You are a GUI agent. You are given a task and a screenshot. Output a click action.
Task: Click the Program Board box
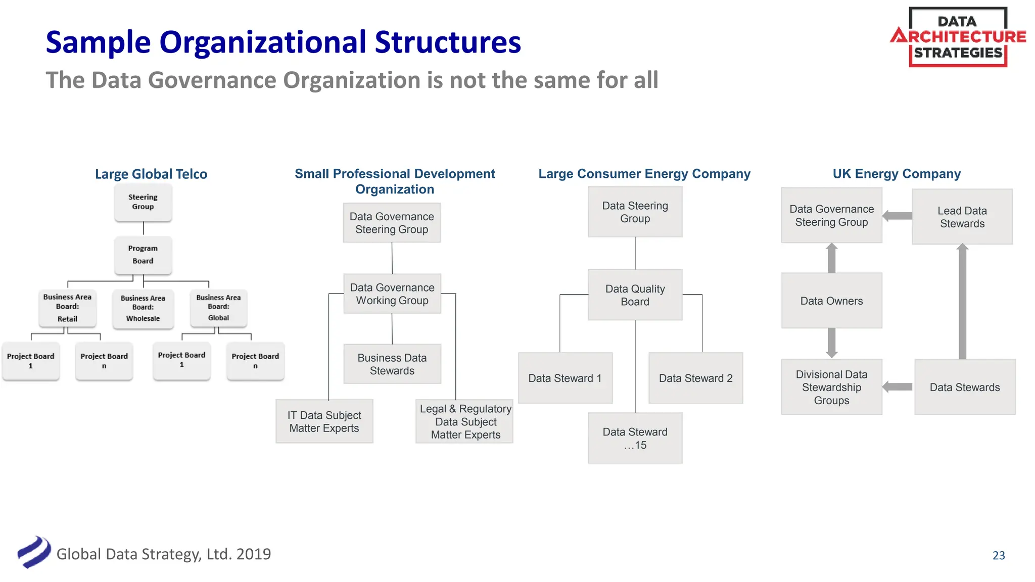point(143,255)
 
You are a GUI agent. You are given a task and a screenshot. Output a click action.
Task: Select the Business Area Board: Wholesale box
point(143,308)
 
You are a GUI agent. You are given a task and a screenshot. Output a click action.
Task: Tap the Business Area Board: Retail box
point(67,308)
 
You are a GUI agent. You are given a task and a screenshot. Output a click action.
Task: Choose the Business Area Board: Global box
point(218,308)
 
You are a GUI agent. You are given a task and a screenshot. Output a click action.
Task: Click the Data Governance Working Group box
point(392,294)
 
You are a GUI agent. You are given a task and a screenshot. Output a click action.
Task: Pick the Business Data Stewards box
point(392,364)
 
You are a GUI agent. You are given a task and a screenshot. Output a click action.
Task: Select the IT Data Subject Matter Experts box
point(324,422)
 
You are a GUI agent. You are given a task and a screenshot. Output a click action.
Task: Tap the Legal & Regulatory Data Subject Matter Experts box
point(465,422)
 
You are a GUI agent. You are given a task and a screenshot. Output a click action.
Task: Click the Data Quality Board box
point(635,295)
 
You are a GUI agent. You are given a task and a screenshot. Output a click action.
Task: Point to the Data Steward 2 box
point(696,378)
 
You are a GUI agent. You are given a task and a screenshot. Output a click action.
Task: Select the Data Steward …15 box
point(635,438)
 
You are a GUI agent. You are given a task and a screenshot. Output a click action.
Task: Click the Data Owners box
point(832,301)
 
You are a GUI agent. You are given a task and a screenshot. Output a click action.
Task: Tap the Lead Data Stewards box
point(962,217)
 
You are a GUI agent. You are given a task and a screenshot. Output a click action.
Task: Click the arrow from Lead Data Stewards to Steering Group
point(898,216)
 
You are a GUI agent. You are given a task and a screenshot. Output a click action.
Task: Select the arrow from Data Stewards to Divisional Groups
point(898,387)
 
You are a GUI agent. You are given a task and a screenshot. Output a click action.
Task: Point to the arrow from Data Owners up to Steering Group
point(832,258)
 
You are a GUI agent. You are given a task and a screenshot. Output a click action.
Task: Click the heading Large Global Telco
point(151,174)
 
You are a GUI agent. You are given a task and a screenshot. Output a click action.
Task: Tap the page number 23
point(999,555)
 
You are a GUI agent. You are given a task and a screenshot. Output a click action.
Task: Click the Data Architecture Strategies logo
point(958,37)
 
